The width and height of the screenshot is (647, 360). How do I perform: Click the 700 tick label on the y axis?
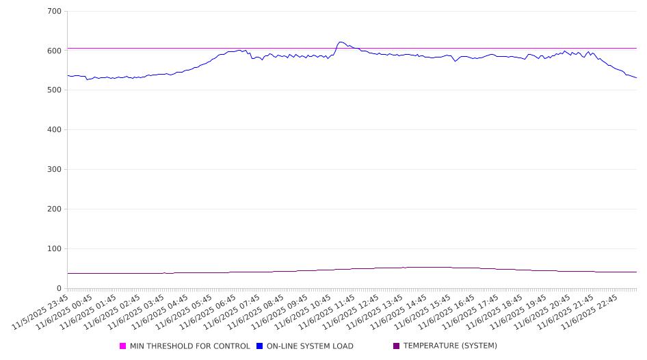coord(55,12)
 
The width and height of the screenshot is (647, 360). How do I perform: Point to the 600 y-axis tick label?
coord(55,51)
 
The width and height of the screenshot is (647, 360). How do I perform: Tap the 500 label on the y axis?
coord(55,90)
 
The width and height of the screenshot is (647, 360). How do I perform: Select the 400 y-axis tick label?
coord(55,130)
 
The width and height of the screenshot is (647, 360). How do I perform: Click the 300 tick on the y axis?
coord(55,170)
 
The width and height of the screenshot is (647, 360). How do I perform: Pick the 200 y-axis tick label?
coord(55,209)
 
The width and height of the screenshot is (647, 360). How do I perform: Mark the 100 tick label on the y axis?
coord(55,249)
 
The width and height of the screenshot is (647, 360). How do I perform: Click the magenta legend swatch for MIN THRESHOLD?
coord(123,346)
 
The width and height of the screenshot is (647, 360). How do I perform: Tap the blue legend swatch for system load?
coord(260,346)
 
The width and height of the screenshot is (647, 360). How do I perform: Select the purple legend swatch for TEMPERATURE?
coord(397,346)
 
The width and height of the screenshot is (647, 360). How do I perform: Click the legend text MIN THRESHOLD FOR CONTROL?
coord(189,346)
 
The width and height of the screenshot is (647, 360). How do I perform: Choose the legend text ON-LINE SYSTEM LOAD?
coord(310,346)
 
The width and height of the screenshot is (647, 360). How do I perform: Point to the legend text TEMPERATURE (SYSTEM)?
coord(450,346)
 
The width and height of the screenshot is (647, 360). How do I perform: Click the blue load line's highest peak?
coord(341,42)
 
